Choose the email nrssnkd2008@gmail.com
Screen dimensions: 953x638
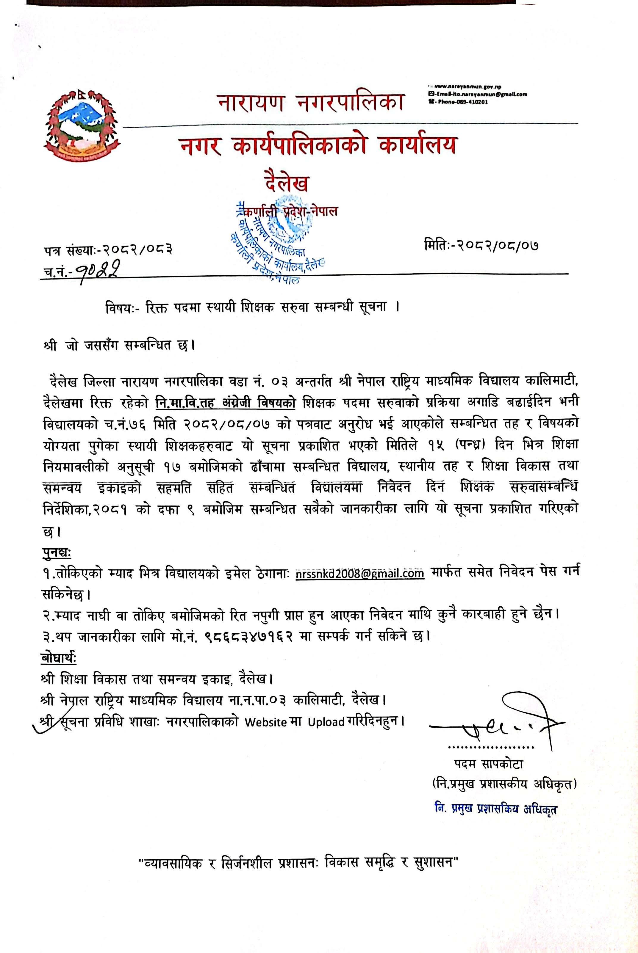tap(360, 573)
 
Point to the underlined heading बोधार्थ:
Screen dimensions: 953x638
tap(59, 657)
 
